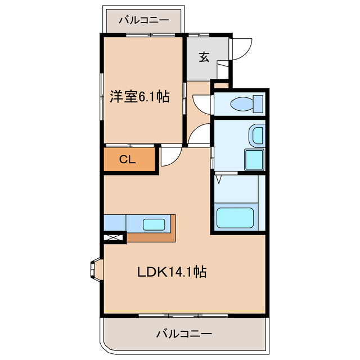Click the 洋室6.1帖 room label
point(139,97)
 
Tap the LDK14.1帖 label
point(172,272)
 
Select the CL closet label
point(128,159)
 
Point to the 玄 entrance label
point(204,57)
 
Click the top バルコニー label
point(144,21)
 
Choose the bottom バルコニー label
point(184,334)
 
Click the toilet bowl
point(242,104)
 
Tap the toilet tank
point(258,104)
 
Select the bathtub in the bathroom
point(235,218)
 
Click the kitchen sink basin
point(154,224)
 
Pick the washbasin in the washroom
point(258,136)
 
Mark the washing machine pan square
point(254,160)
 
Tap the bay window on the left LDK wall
point(95,269)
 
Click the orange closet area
point(129,159)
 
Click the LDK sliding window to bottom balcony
point(183,316)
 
